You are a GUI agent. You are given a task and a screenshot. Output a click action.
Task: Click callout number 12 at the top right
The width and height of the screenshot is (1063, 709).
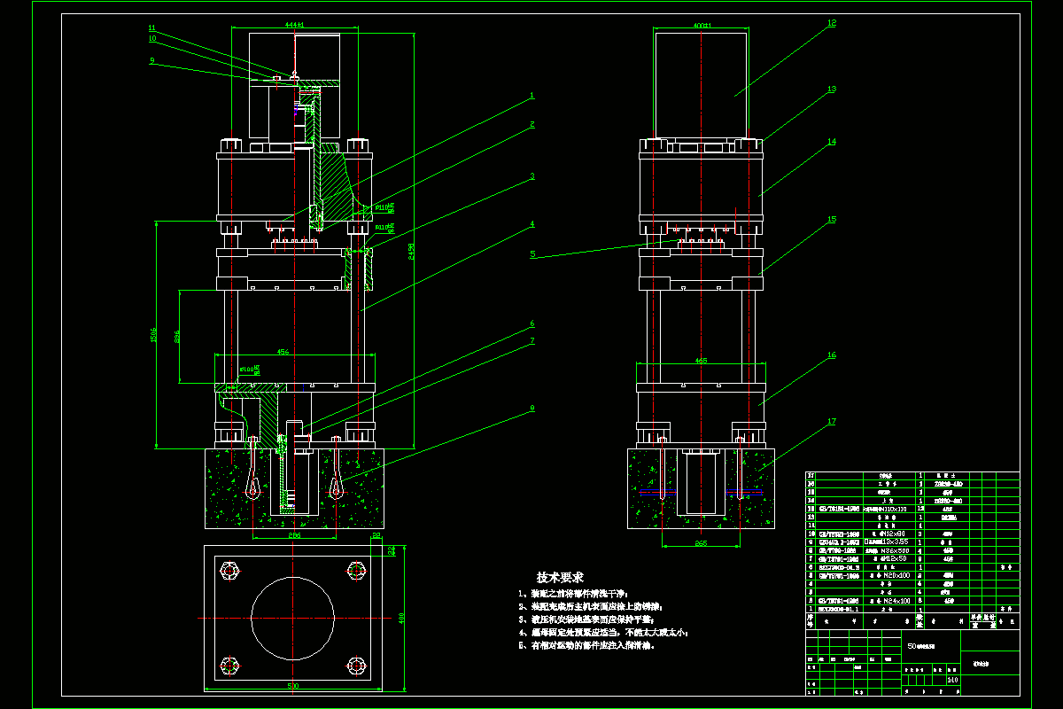831,24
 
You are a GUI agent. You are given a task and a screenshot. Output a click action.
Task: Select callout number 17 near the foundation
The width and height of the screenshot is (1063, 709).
831,422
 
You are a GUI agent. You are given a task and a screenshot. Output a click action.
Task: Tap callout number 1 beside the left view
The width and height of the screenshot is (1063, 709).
531,95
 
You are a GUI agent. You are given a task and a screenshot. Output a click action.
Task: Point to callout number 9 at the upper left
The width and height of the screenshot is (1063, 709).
152,61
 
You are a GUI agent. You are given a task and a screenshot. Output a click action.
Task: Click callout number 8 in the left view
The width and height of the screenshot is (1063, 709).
531,409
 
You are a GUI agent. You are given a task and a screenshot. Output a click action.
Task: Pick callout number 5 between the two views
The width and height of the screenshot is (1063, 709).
532,254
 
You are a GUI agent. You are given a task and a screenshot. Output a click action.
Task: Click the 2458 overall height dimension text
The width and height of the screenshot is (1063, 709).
409,252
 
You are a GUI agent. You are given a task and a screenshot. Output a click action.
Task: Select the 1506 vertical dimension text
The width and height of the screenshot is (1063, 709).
152,335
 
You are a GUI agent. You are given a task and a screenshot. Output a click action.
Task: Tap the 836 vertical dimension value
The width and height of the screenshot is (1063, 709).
176,337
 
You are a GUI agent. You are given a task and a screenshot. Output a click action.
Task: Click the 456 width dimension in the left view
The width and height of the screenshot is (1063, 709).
283,352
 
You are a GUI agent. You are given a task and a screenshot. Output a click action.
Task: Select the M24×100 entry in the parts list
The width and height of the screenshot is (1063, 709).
892,601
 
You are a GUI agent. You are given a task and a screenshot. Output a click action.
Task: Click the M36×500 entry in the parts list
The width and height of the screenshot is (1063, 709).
891,549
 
